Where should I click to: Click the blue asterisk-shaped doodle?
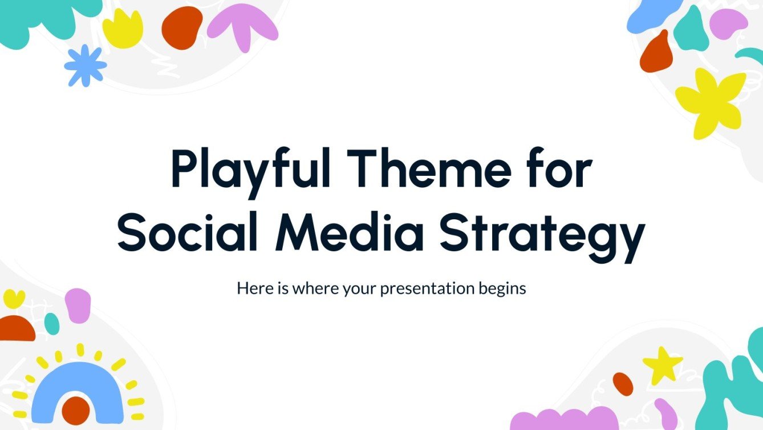[x=85, y=65]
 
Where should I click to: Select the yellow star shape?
[x=661, y=364]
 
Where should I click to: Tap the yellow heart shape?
[x=14, y=299]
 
